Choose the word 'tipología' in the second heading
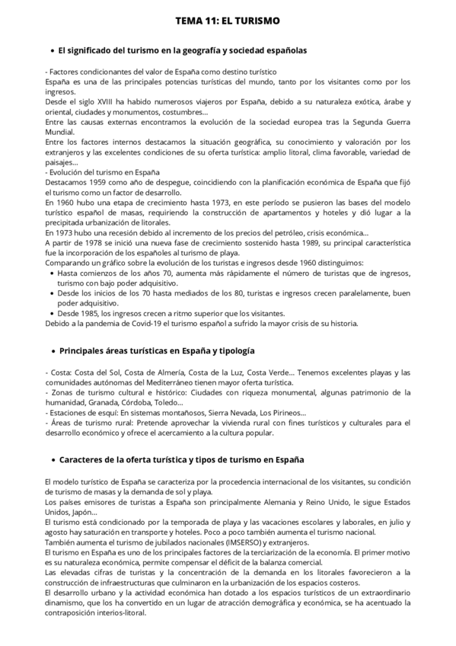[x=234, y=351]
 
